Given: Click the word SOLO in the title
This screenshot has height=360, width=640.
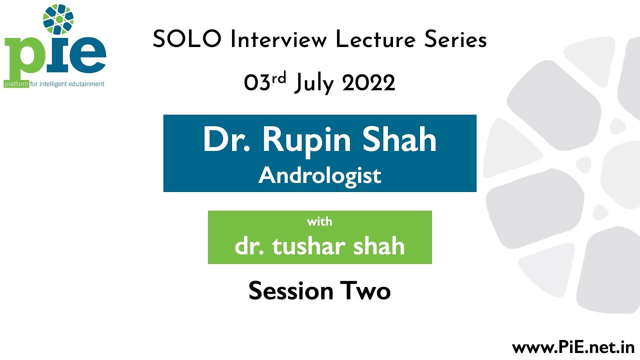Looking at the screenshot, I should (186, 39).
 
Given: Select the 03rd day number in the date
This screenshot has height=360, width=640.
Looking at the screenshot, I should (265, 82).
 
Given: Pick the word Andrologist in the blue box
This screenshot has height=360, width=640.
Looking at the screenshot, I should (320, 175).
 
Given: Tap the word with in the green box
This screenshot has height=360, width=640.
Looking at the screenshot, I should (320, 221).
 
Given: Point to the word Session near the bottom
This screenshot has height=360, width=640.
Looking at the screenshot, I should (290, 290).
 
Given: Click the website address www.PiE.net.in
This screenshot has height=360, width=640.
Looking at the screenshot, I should (573, 347).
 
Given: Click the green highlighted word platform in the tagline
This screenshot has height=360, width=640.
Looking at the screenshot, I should (16, 84).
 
